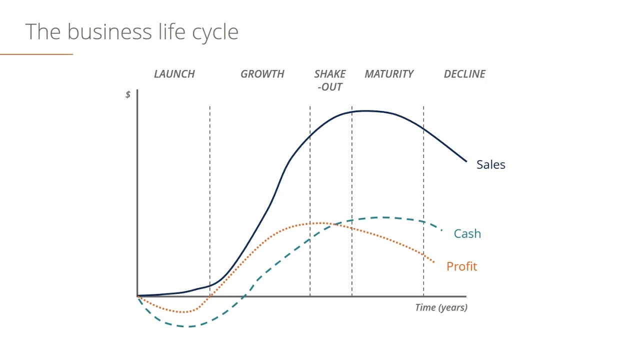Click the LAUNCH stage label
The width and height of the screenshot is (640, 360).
point(174,74)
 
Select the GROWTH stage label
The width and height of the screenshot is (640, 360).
point(262,74)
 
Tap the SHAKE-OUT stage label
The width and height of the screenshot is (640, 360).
point(330,80)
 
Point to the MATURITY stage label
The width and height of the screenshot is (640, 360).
point(389,74)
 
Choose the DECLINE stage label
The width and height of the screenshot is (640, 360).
point(464,74)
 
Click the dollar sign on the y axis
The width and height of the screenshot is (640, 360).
point(128,94)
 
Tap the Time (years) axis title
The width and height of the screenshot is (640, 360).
point(441,307)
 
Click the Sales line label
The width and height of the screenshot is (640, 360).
point(491,164)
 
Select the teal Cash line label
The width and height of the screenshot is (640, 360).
point(467,233)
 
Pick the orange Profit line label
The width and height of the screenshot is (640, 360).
point(461,266)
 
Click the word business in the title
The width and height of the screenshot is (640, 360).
point(109,31)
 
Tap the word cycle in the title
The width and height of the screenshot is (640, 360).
point(215,33)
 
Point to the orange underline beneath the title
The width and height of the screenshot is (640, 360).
point(36,54)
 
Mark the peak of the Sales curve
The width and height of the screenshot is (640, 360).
point(366,111)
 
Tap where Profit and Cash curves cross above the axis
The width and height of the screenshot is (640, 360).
point(333,224)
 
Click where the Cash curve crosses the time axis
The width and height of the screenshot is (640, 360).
point(243,296)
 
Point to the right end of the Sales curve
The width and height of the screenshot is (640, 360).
point(466,161)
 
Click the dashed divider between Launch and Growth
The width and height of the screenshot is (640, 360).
point(209,201)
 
